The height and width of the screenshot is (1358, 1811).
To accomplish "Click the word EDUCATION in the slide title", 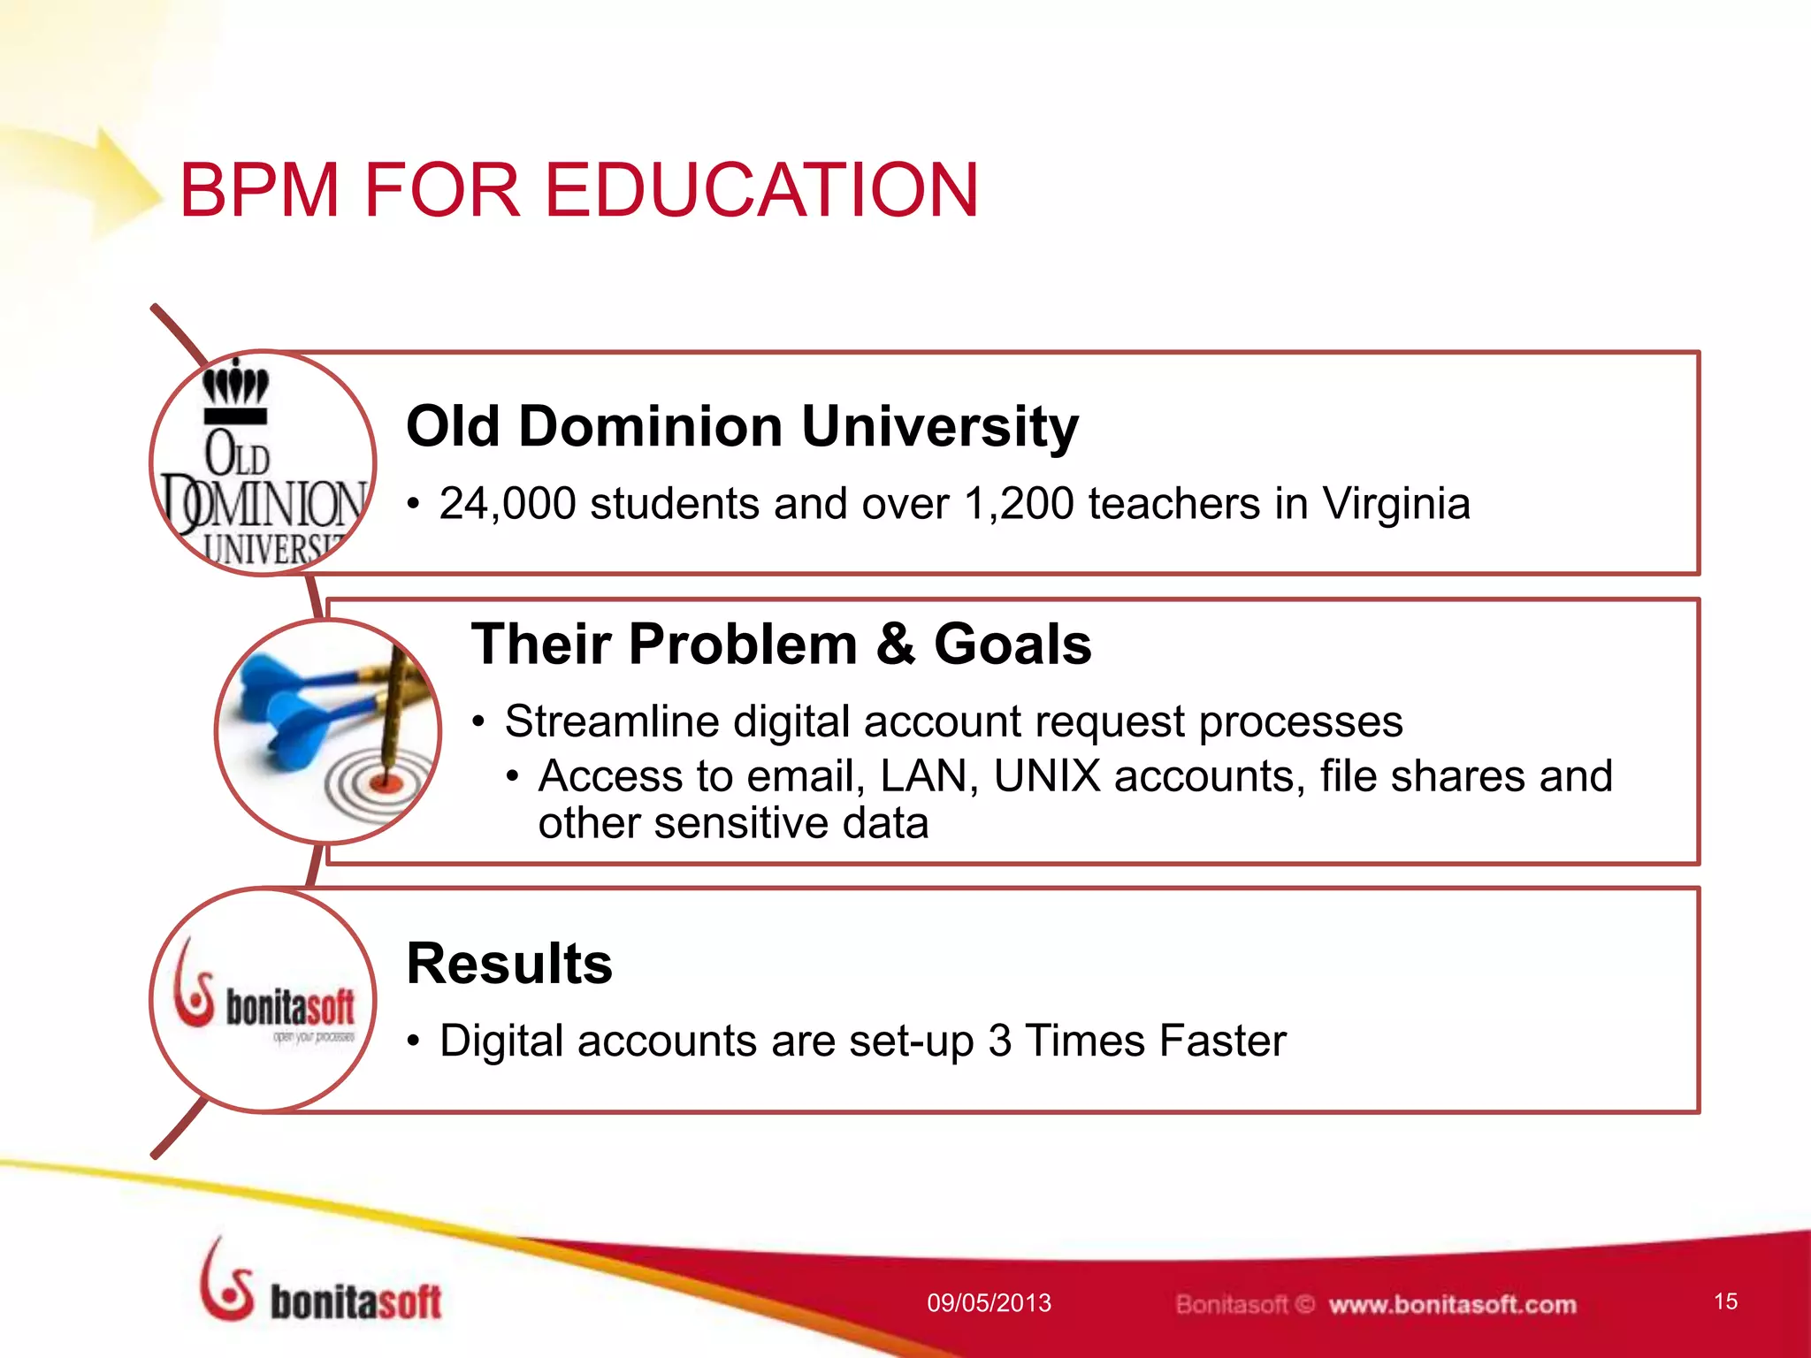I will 760,190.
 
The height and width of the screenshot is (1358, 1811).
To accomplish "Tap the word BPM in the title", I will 259,190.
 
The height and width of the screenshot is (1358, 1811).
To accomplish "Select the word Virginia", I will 1395,504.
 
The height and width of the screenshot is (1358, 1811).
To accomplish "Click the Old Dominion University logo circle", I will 263,463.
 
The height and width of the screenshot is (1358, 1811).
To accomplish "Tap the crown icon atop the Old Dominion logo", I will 235,385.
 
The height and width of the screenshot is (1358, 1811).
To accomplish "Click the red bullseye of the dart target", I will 386,782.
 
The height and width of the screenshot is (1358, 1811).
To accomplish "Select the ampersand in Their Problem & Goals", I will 895,644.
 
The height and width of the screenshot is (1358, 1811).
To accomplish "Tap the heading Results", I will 509,964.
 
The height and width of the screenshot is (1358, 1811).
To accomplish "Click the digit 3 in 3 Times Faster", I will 1000,1041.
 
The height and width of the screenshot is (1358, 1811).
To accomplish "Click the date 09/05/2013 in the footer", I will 989,1302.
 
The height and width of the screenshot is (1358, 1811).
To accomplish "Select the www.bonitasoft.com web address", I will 1452,1304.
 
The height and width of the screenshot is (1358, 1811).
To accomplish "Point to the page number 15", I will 1725,1301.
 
